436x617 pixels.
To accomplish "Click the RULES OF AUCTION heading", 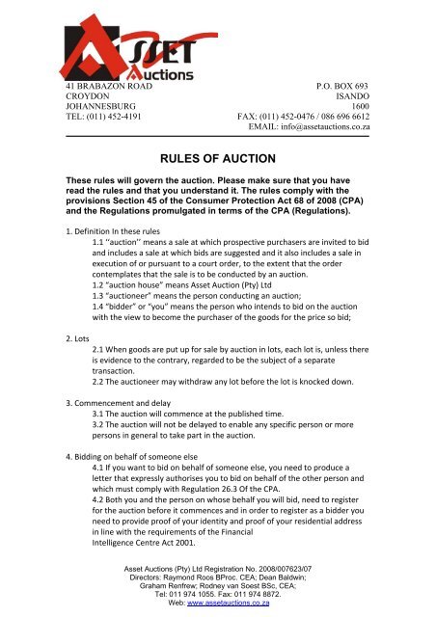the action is pyautogui.click(x=217, y=150).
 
